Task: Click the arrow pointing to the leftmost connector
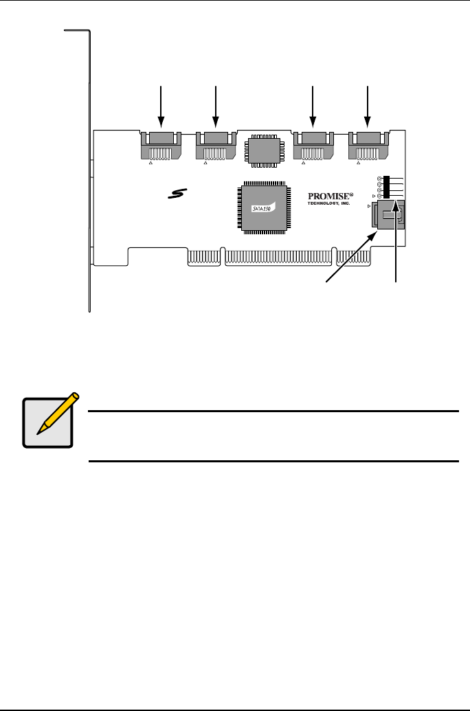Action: click(x=160, y=106)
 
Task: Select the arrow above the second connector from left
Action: click(x=216, y=106)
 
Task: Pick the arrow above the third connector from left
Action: click(x=313, y=106)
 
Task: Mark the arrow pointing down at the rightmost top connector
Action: click(x=368, y=106)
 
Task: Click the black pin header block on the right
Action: click(x=386, y=186)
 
